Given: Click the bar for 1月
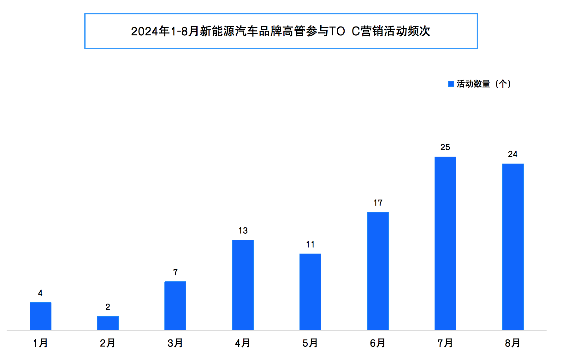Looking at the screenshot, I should pos(40,316).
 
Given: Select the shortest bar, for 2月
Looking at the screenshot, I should pos(108,323).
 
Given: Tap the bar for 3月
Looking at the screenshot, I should pos(175,306).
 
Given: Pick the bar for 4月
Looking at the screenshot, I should pos(243,285).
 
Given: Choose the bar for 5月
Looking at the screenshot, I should pos(310,292).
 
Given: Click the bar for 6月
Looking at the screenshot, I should pos(378,271).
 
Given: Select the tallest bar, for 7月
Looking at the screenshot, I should pos(445,243).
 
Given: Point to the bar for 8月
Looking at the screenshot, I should pos(513,247).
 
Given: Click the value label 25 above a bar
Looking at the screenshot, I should pos(445,147).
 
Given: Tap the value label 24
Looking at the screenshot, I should pos(513,154).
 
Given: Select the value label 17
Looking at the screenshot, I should pos(378,203).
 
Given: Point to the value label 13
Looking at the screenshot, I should pos(243,231).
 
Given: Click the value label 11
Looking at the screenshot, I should pos(310,244).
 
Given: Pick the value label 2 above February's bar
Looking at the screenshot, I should pos(108,307).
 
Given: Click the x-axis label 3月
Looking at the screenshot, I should pos(175,343).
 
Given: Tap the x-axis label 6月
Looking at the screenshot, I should pos(378,343).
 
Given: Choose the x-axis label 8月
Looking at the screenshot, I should pos(513,343).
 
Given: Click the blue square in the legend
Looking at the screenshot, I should pos(451,84).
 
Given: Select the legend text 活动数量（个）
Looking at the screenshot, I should pos(484,84).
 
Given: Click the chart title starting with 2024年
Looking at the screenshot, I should pos(281,31).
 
